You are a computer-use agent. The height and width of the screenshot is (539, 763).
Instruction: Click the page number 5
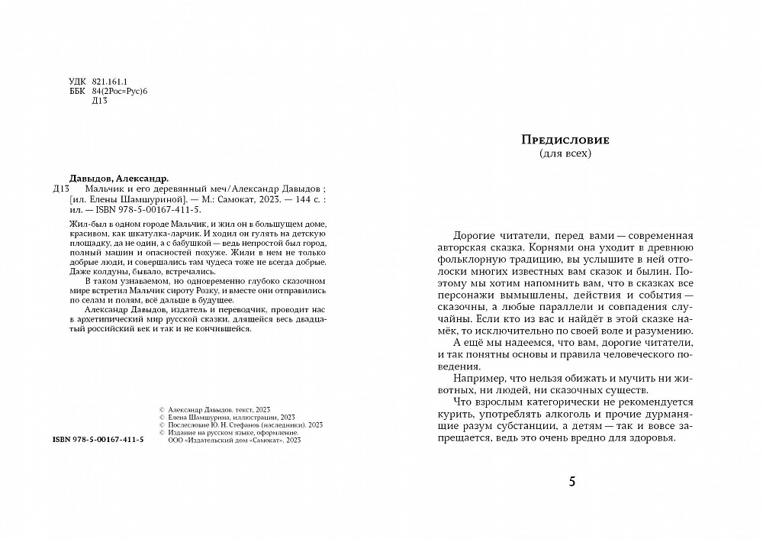[x=574, y=482]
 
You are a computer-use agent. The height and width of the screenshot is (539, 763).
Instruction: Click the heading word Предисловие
[x=565, y=140]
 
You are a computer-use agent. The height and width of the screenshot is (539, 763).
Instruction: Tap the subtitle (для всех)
[x=565, y=153]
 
